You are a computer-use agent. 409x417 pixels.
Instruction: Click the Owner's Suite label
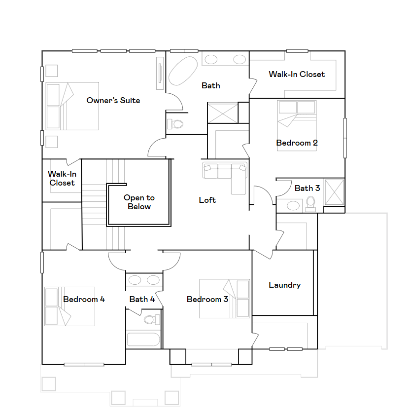pyautogui.click(x=113, y=100)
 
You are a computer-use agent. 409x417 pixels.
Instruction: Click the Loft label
pyautogui.click(x=207, y=200)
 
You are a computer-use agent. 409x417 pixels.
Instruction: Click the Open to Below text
pyautogui.click(x=139, y=202)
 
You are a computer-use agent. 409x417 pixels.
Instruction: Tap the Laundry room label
pyautogui.click(x=284, y=285)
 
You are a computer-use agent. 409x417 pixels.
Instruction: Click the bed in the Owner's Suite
pyautogui.click(x=72, y=106)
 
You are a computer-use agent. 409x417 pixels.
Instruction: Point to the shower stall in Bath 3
pyautogui.click(x=334, y=192)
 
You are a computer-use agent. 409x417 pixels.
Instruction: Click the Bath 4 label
pyautogui.click(x=142, y=299)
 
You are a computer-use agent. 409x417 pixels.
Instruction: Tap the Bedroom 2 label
pyautogui.click(x=297, y=143)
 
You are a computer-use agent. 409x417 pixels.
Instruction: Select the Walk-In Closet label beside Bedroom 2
pyautogui.click(x=297, y=74)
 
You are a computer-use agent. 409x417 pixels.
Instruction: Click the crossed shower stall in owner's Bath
pyautogui.click(x=222, y=113)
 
